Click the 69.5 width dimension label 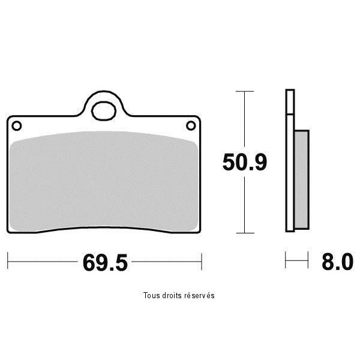pyautogui.click(x=105, y=263)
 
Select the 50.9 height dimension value pyautogui.click(x=245, y=162)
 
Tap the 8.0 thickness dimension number pyautogui.click(x=337, y=262)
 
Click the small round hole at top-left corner pyautogui.click(x=17, y=126)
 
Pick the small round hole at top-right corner pyautogui.click(x=191, y=125)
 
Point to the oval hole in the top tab pyautogui.click(x=104, y=111)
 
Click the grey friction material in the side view pyautogui.click(x=301, y=179)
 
